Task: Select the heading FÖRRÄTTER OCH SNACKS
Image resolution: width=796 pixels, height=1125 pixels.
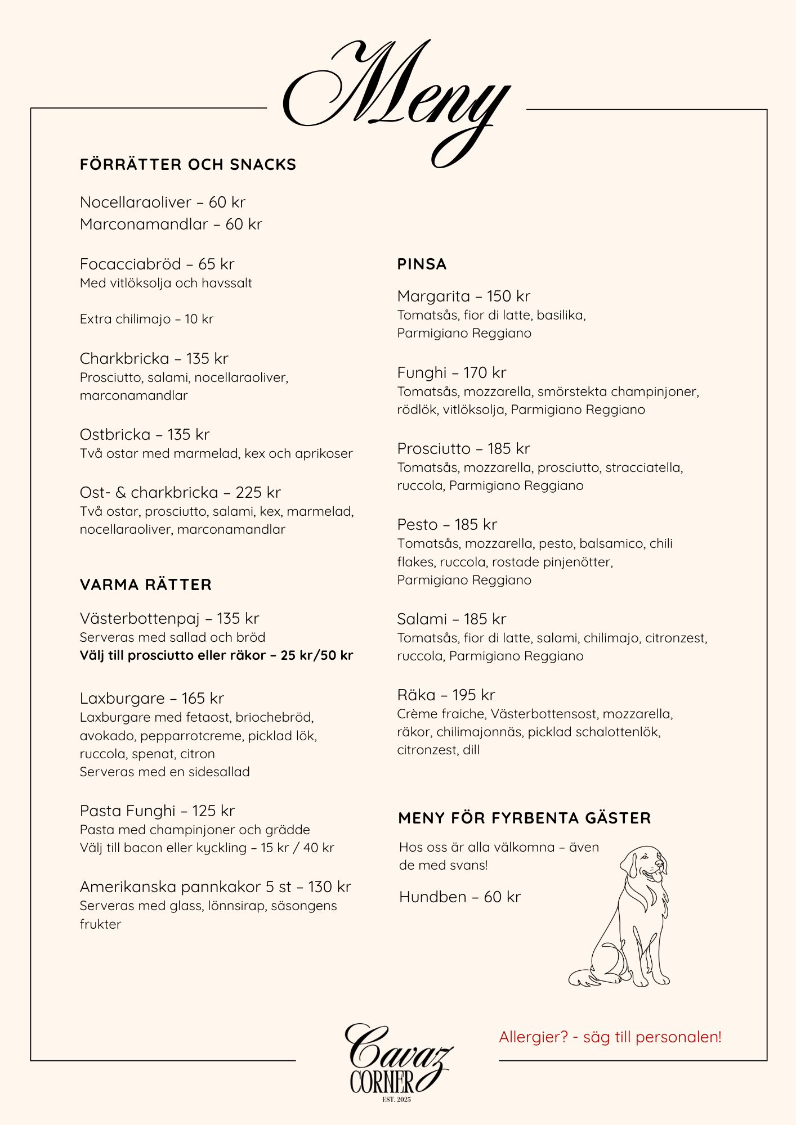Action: coord(188,165)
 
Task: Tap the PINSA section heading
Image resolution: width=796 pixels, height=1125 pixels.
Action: coord(422,264)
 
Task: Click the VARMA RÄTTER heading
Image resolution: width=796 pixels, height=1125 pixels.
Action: coord(146,585)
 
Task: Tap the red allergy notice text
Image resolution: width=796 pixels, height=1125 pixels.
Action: coord(610,1037)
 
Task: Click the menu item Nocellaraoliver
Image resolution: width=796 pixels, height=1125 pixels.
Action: coord(136,202)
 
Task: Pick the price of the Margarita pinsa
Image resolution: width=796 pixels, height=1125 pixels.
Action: coord(508,296)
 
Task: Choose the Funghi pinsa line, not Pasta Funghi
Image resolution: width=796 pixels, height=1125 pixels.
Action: coord(451,373)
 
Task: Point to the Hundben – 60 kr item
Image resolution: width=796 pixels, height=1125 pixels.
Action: coord(459,897)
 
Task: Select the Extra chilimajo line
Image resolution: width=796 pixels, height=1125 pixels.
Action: coord(146,319)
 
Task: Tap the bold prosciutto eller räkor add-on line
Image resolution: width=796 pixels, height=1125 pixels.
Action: coord(216,655)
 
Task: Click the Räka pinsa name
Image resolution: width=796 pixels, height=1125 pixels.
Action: coord(416,695)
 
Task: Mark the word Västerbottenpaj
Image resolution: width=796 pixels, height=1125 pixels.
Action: coord(140,619)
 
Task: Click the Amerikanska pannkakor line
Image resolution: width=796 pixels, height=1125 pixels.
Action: coord(215,887)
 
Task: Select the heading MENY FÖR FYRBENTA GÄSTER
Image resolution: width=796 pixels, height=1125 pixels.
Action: coord(524,818)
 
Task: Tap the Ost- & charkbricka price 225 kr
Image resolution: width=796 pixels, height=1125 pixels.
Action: coord(258,493)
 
